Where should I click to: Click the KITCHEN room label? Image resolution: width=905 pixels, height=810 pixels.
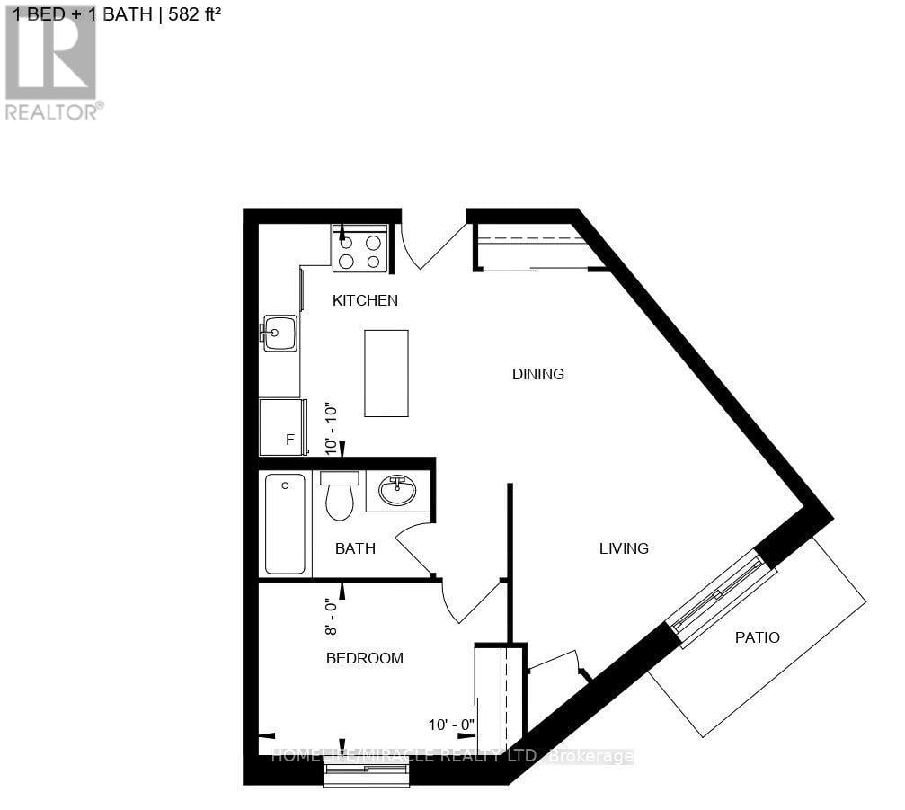coord(365,300)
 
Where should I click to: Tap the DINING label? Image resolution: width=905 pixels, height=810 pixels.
coord(538,374)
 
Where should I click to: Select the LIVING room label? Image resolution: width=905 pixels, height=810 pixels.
coord(624,548)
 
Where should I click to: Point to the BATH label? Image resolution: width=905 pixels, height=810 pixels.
coord(355,548)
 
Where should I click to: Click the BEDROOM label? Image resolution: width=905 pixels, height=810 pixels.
coord(364,658)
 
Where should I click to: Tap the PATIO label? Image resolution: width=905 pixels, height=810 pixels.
coord(758,637)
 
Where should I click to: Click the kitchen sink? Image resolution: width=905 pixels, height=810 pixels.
coord(279,333)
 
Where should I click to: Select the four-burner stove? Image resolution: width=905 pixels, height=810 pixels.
coord(359,248)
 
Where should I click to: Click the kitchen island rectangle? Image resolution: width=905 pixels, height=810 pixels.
coord(386,373)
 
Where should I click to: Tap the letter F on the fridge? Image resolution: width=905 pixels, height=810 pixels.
coord(289,440)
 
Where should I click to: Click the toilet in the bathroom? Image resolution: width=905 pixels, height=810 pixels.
coord(340,495)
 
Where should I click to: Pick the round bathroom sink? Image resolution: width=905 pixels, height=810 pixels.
coord(397,491)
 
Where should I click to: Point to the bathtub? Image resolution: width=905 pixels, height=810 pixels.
coord(285,523)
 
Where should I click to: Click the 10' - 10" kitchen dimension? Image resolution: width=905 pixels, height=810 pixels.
coord(332,430)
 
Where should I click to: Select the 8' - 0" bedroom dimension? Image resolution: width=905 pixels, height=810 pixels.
coord(332,617)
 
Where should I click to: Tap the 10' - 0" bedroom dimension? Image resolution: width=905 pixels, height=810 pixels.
coord(451,725)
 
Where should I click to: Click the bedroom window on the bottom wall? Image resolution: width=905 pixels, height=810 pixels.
coord(366,774)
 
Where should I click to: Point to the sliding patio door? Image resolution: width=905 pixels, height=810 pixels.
coord(719,596)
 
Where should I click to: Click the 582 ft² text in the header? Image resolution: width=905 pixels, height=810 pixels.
coord(194,13)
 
